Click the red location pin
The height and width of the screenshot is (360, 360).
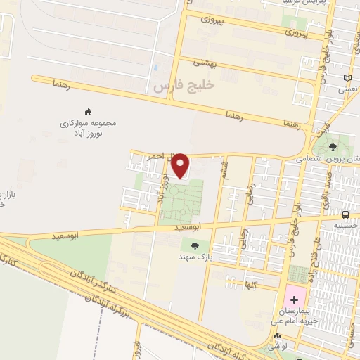point(181,165)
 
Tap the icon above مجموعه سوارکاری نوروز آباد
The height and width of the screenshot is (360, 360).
point(88,111)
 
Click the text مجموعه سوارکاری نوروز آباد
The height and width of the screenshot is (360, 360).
point(88,127)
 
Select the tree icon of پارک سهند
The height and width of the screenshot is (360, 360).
point(195,245)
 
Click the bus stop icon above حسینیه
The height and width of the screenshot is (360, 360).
point(345,214)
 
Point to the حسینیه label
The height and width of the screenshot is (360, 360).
point(346,226)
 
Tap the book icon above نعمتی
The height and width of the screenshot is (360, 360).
point(348,78)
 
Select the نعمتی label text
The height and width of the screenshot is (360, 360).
point(348,89)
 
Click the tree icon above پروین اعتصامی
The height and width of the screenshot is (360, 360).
point(333,147)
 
